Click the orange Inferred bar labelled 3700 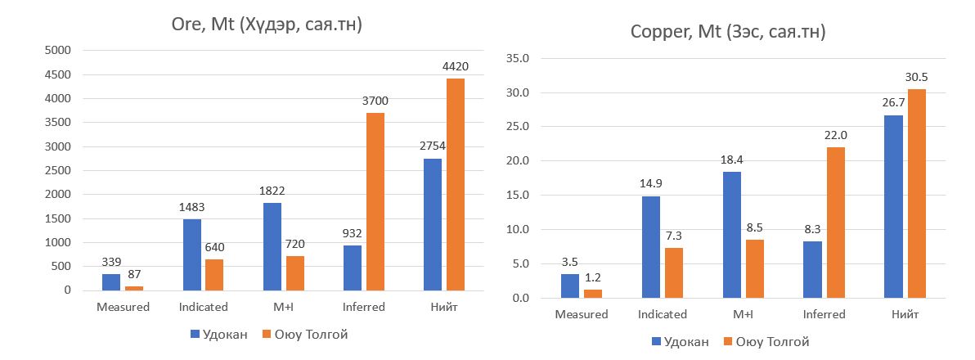pyautogui.click(x=375, y=201)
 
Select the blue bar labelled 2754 pyautogui.click(x=433, y=224)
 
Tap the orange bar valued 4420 pyautogui.click(x=456, y=184)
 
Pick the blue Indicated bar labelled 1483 pyautogui.click(x=192, y=254)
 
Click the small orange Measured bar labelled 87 pyautogui.click(x=134, y=288)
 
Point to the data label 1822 pyautogui.click(x=273, y=190)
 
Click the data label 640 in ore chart pyautogui.click(x=215, y=247)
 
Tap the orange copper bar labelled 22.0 pyautogui.click(x=836, y=223)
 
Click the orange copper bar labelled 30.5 pyautogui.click(x=915, y=193)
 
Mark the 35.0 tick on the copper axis pyautogui.click(x=519, y=59)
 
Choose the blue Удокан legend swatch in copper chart pyautogui.click(x=656, y=341)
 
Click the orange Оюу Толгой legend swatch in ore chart pyautogui.click(x=267, y=334)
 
